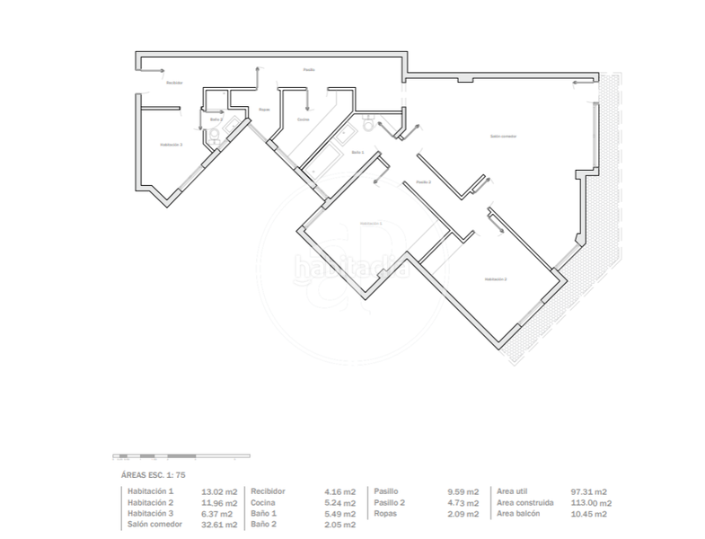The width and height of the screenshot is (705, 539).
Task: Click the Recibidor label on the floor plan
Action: coord(174,83)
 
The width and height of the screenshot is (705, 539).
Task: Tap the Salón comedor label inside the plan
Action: coord(503,137)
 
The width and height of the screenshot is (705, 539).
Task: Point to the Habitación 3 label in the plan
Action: coord(171,144)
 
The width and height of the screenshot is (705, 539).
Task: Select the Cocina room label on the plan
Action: coord(304,119)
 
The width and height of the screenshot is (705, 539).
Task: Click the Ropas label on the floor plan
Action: coord(264,110)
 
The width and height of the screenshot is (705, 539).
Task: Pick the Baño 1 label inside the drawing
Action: coord(357,152)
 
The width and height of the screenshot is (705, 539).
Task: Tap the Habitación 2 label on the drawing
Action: coord(496,280)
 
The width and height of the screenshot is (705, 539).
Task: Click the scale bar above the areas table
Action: coord(175,455)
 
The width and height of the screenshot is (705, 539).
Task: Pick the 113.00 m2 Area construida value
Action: coord(591,503)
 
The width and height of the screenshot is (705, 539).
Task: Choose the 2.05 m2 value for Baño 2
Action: coord(339,525)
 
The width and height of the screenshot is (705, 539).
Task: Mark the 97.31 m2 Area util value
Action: coord(589,492)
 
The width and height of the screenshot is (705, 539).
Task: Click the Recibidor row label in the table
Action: coord(269,492)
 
